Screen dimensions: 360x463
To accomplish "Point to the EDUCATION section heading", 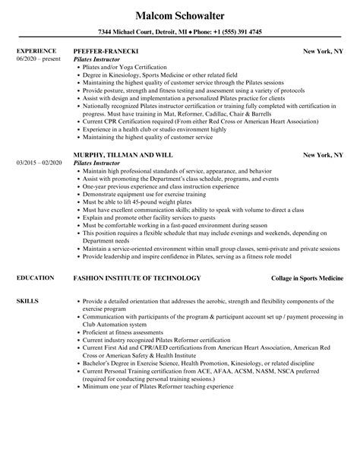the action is (35, 278).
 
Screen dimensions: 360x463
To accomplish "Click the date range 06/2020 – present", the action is (39, 59).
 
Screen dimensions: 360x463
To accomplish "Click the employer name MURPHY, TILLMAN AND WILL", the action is (127, 134).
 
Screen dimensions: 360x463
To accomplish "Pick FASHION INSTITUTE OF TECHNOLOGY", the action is (137, 278).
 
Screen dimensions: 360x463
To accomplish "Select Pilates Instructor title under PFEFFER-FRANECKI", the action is (99, 59).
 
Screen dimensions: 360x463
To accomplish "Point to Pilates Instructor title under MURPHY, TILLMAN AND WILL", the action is (99, 141).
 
